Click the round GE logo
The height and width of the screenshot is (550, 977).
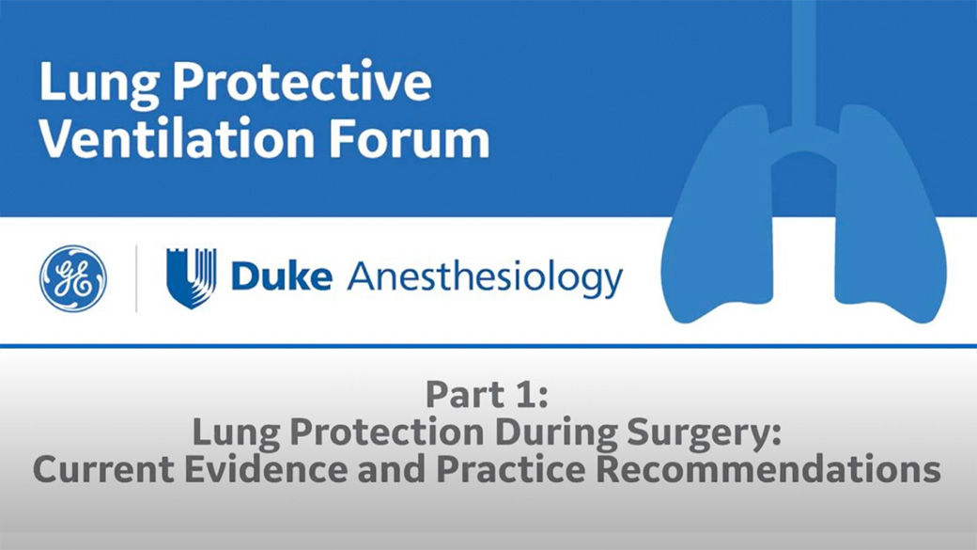coord(73,278)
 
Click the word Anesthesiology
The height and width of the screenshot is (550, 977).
coord(485,278)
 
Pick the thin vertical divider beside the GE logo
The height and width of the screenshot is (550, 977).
coord(136,278)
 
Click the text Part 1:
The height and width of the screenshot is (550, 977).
coord(486,394)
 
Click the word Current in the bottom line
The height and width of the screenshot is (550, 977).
coord(101,469)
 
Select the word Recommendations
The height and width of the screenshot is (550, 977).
coord(775,469)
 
